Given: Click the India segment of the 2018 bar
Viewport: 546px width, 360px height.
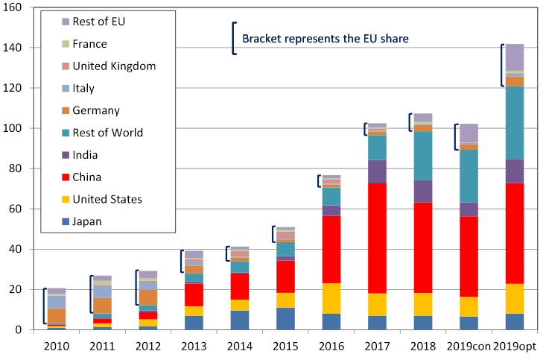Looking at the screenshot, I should point(422,191).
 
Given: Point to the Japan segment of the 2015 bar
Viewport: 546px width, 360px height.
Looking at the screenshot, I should point(285,318).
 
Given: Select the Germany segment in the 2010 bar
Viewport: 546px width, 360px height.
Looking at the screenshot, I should point(57,315).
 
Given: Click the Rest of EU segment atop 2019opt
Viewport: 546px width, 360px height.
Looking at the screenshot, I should point(515,57).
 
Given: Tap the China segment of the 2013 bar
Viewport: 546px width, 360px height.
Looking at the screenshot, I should point(193,294).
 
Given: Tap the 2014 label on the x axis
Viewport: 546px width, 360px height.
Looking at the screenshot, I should point(239,347).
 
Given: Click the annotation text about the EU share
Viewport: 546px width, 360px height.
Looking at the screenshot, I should point(324,38).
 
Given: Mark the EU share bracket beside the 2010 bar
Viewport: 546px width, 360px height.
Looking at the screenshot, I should point(45,306).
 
